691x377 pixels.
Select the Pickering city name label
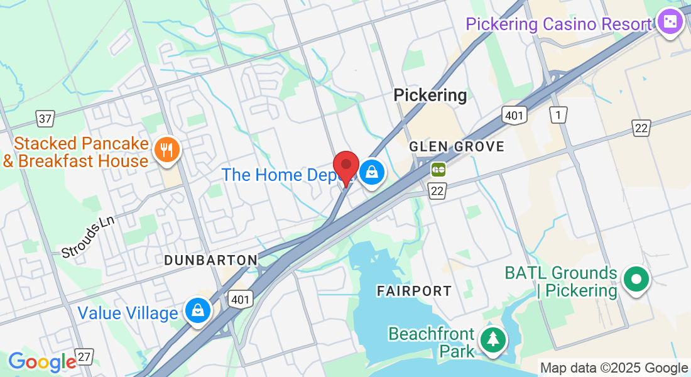[430, 95]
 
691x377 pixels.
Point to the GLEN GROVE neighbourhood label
[457, 146]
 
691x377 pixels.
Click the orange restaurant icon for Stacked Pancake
[166, 149]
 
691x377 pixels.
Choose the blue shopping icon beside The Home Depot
[372, 171]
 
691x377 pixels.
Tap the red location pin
[345, 165]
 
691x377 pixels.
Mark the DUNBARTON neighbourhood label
[210, 260]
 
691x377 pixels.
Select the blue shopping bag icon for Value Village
[198, 310]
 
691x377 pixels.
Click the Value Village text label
[128, 313]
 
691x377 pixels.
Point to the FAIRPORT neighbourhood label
[414, 291]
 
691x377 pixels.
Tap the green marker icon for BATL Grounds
[636, 278]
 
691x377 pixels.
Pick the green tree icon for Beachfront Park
[493, 339]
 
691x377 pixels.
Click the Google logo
[42, 362]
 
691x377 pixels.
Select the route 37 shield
[46, 117]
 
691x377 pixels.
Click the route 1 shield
[558, 114]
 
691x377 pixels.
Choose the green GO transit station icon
[438, 169]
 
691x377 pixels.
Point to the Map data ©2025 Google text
[614, 368]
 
